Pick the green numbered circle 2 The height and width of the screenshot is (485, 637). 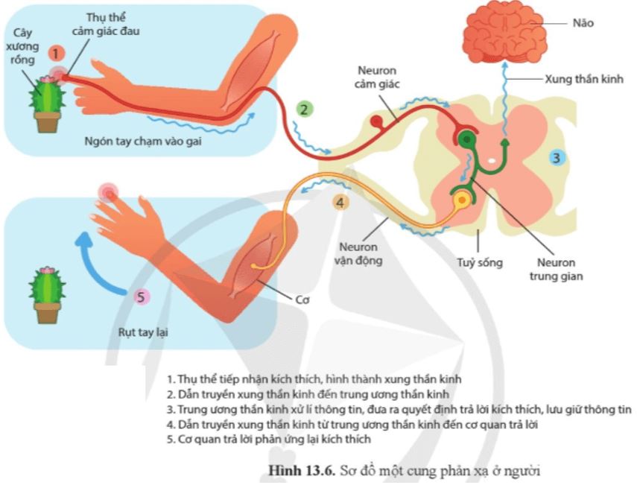point(303,110)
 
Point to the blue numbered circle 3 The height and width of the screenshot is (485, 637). point(557,157)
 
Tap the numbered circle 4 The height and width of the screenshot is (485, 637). point(340,202)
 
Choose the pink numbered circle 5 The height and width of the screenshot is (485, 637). point(139,297)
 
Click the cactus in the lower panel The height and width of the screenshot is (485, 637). point(46,291)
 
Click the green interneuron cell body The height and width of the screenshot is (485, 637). point(466,139)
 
